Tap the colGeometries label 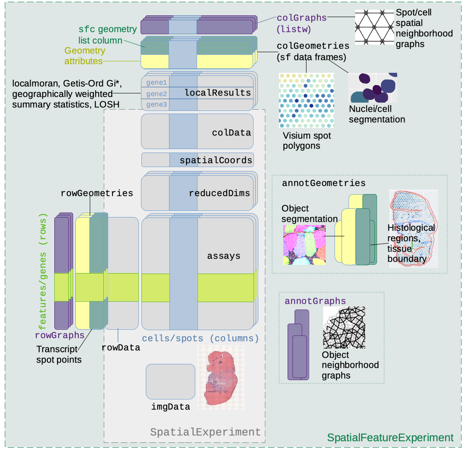[x=313, y=46]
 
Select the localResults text [x=218, y=93]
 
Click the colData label [x=231, y=132]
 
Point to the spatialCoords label [x=216, y=160]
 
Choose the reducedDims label [x=219, y=193]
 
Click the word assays [x=224, y=256]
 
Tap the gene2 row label [x=156, y=94]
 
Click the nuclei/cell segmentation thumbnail [x=373, y=88]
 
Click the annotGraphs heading [x=315, y=301]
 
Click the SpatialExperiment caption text [x=205, y=432]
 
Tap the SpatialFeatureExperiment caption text [x=390, y=437]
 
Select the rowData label [x=120, y=347]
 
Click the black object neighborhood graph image [x=343, y=327]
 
